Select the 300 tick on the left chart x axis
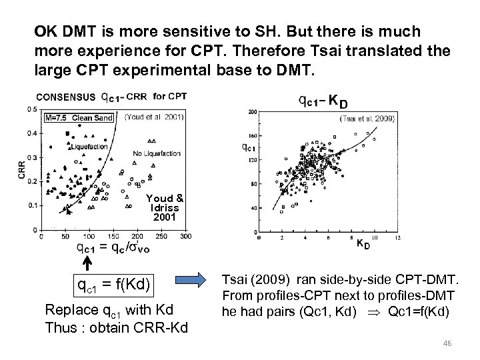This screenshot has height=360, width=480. tap(185, 236)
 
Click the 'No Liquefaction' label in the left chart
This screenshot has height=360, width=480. tap(157, 153)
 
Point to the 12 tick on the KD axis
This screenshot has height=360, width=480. tap(398, 238)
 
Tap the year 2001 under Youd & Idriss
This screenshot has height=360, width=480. tap(165, 217)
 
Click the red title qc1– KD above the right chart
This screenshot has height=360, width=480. tap(322, 101)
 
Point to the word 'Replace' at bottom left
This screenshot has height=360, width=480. tap(65, 310)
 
